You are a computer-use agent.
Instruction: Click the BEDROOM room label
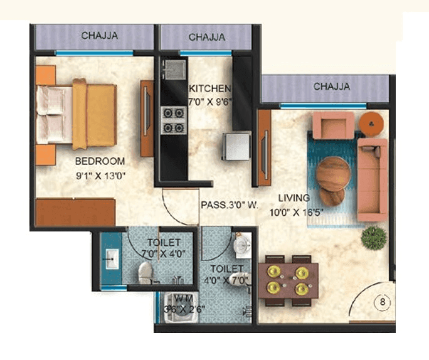coord(99,161)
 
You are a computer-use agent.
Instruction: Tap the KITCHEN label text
coord(210,88)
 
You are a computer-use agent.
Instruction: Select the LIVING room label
coord(295,198)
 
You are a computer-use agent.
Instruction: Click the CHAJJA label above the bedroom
coord(99,36)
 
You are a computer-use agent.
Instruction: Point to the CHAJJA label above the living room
coord(332,86)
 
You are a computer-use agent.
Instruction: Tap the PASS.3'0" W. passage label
coord(230,204)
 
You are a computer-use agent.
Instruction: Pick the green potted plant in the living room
coord(374,237)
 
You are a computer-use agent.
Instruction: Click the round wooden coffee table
coord(333,174)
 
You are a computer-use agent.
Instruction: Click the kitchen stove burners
coord(173,120)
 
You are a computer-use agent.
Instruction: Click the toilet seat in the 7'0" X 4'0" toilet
coord(145,272)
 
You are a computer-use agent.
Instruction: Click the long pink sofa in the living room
coord(371,179)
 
